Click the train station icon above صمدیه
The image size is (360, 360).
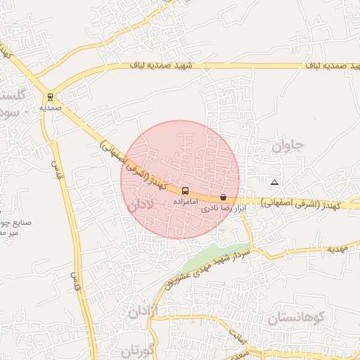[x=50, y=97]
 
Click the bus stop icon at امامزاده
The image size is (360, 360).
[x=185, y=191]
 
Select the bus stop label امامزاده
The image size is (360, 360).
[x=185, y=202]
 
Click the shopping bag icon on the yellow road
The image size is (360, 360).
[x=223, y=198]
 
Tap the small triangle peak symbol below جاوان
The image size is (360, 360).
[x=274, y=182]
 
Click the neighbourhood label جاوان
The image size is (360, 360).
[x=288, y=147]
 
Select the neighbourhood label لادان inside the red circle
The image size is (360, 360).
[x=141, y=206]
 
